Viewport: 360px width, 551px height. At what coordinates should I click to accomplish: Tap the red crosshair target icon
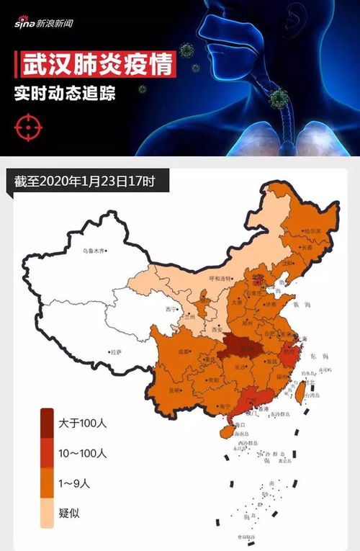tap(24, 127)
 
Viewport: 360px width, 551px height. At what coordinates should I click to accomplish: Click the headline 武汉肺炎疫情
tap(95, 65)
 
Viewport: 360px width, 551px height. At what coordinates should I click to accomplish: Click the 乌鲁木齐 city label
tap(93, 251)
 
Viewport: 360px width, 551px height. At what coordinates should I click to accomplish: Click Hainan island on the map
tap(225, 431)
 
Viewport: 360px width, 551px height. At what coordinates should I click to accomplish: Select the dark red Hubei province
tap(240, 349)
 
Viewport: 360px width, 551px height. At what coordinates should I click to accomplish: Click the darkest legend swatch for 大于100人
tap(46, 422)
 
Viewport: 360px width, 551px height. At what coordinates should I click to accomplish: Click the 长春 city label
tap(309, 247)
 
